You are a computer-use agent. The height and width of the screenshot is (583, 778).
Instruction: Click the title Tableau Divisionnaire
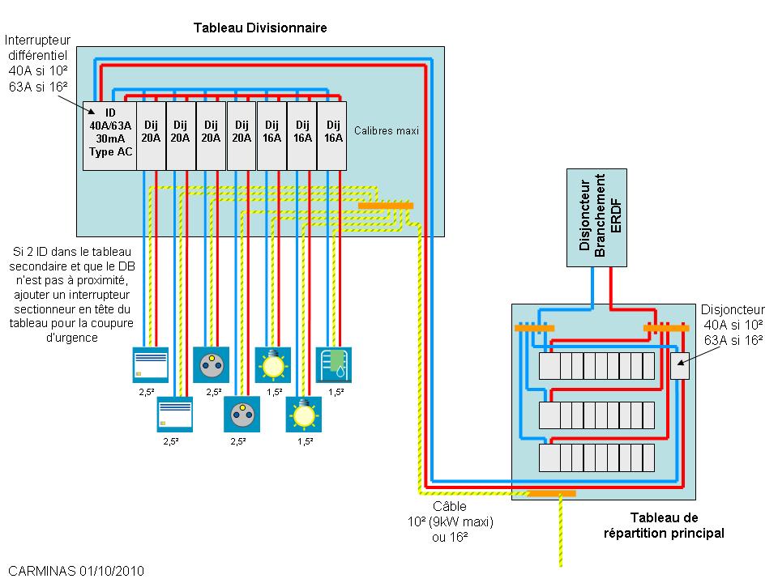pos(259,28)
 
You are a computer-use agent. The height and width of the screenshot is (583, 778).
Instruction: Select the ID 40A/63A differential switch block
pos(109,135)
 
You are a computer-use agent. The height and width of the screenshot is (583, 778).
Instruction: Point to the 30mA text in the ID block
pos(110,138)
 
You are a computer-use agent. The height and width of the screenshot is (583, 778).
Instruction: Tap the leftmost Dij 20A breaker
pos(151,135)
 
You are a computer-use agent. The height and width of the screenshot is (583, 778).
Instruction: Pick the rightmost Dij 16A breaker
pos(331,135)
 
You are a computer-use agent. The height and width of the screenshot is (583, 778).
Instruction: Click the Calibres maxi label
pos(387,130)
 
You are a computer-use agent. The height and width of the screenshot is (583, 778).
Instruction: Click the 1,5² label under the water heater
pos(336,392)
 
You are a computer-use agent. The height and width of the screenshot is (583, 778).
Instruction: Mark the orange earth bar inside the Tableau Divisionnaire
pos(386,206)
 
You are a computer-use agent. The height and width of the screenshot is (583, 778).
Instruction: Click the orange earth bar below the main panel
pos(552,492)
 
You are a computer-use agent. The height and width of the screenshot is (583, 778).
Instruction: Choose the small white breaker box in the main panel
pos(679,366)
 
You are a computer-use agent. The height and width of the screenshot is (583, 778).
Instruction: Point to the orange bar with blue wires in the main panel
pos(534,328)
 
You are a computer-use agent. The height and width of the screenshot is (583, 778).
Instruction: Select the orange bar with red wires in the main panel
pos(665,328)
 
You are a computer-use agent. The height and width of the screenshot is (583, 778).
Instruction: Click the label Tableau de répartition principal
pos(664,525)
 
